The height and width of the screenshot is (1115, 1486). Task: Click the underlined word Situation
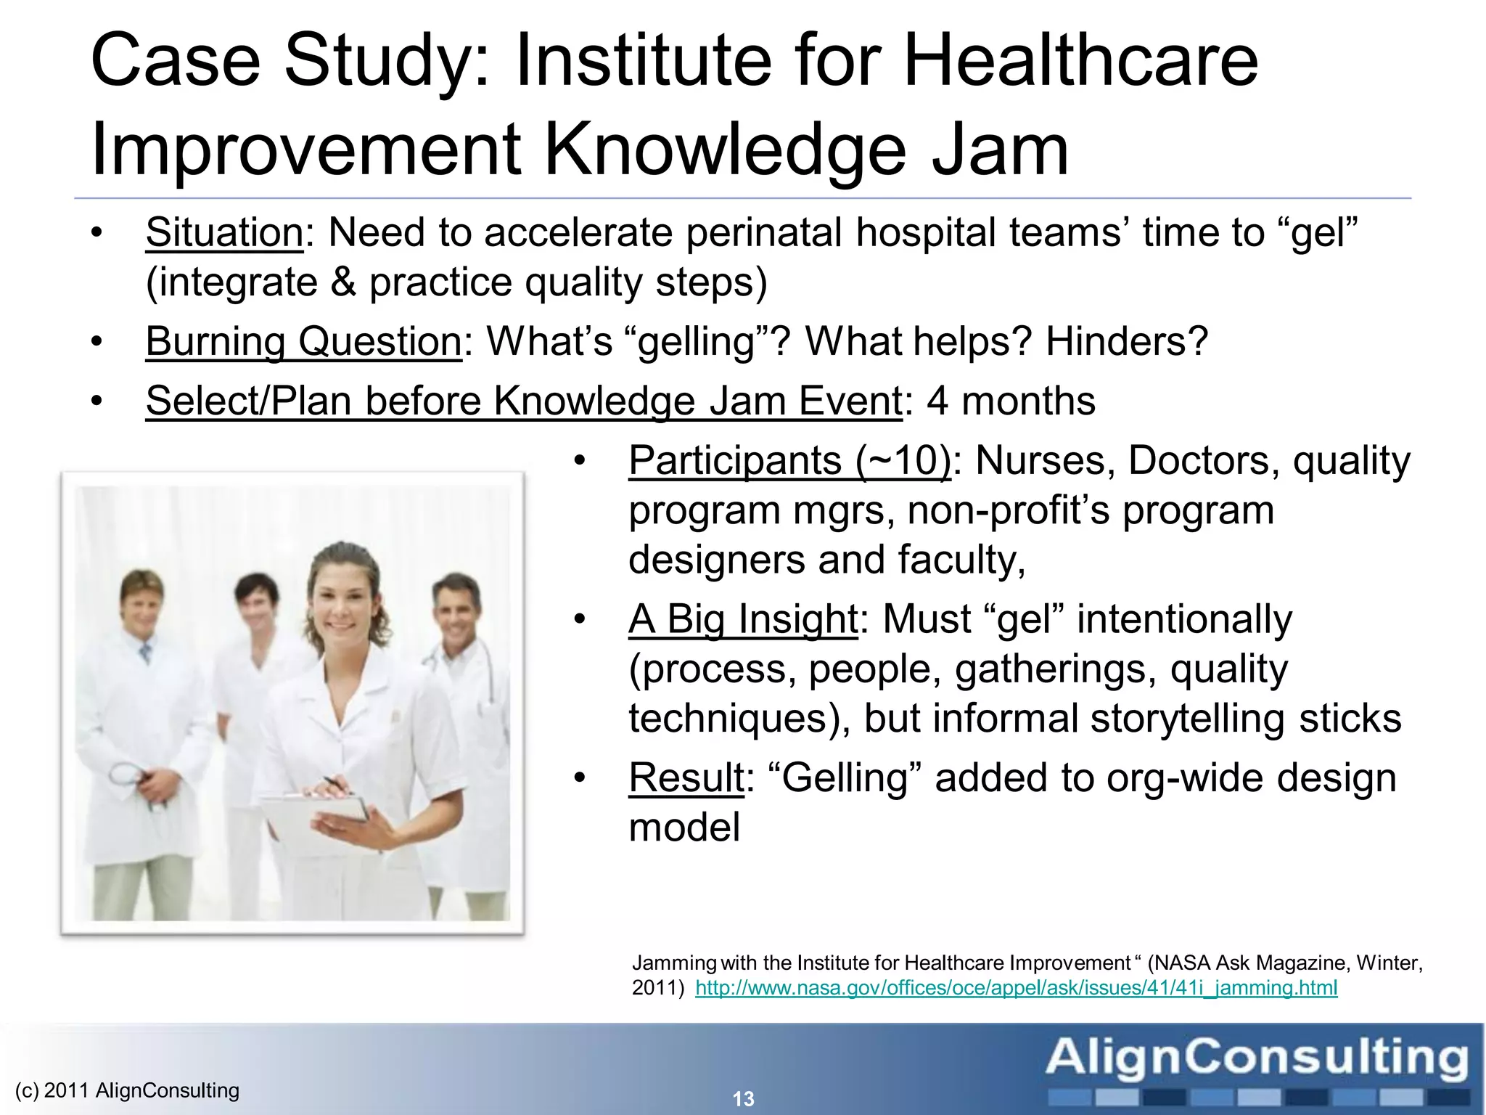(224, 233)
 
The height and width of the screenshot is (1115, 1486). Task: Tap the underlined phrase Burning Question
(303, 341)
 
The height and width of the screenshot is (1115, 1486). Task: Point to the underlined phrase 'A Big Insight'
(743, 619)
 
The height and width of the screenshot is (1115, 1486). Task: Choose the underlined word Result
(686, 778)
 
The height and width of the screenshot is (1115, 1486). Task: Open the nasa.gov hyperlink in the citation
(1016, 988)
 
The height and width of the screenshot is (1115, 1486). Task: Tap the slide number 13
(744, 1099)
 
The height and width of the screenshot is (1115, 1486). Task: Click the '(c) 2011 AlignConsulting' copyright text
(127, 1090)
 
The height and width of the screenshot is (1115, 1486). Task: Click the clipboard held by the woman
(319, 813)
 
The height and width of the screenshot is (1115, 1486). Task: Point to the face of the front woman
(342, 604)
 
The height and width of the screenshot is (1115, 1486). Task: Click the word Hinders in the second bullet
(1117, 341)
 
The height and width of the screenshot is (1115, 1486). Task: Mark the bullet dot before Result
(578, 778)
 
